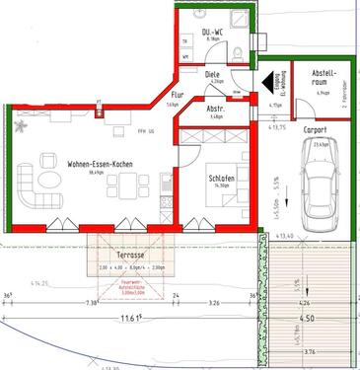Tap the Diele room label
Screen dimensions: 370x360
click(x=212, y=73)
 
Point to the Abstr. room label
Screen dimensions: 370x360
click(x=216, y=109)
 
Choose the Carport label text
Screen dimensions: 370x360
click(x=315, y=129)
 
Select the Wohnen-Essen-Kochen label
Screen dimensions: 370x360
click(x=95, y=163)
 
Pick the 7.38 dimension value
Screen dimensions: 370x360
click(x=92, y=304)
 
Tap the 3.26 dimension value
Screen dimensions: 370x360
click(x=214, y=304)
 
